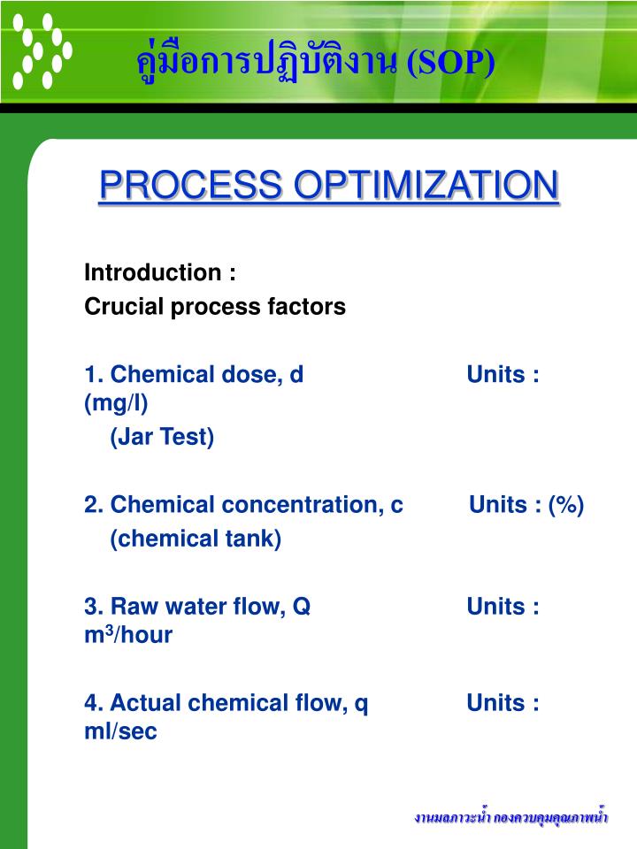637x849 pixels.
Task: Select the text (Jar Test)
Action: pyautogui.click(x=162, y=437)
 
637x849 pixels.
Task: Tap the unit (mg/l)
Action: pyautogui.click(x=116, y=403)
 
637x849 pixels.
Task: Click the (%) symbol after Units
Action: pyautogui.click(x=565, y=505)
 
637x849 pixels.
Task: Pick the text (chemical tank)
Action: pyautogui.click(x=196, y=539)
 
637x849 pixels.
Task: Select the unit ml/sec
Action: pyautogui.click(x=120, y=732)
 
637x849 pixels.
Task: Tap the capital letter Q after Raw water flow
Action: pyautogui.click(x=303, y=607)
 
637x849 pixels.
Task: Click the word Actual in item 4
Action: pyautogui.click(x=141, y=703)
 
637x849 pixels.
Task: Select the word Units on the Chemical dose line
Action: pyautogui.click(x=496, y=374)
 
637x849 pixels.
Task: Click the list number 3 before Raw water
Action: pyautogui.click(x=91, y=607)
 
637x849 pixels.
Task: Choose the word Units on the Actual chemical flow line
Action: pyautogui.click(x=496, y=703)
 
